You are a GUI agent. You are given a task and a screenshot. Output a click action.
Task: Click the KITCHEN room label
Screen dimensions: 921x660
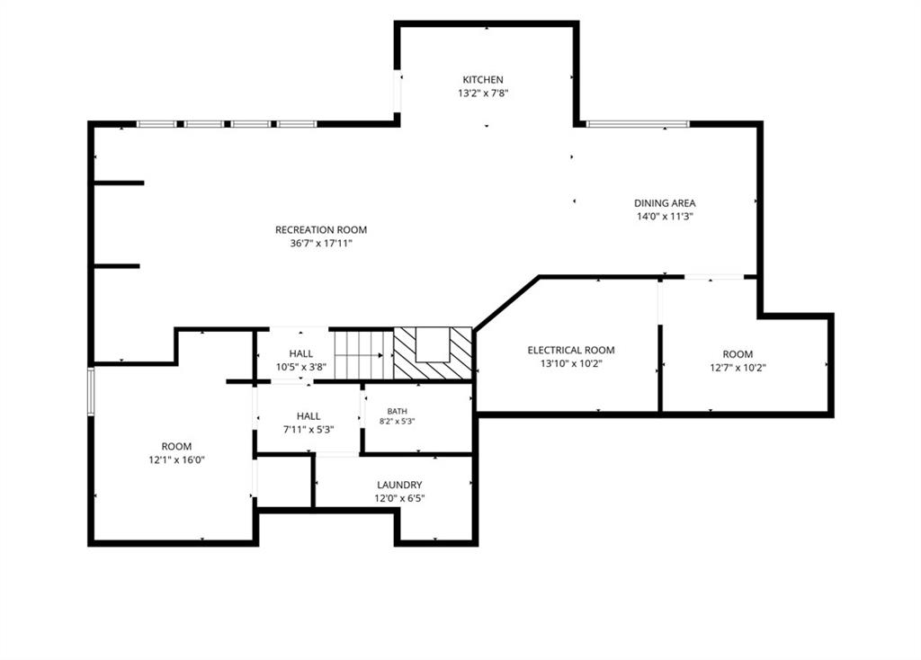pos(483,79)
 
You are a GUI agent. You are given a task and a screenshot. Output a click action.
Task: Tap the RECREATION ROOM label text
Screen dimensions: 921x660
pos(321,229)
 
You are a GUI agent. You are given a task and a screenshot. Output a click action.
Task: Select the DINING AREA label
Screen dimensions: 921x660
pos(665,202)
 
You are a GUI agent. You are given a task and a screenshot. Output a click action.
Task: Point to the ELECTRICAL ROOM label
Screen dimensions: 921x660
pos(571,350)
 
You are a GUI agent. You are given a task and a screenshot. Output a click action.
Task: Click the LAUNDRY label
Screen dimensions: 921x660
pos(399,485)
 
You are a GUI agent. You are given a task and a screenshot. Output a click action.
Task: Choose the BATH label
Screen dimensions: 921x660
pos(397,411)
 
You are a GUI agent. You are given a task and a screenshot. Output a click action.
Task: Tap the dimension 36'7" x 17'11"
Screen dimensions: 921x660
pos(321,243)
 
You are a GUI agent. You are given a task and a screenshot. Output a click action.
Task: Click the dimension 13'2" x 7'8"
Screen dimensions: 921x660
pos(483,93)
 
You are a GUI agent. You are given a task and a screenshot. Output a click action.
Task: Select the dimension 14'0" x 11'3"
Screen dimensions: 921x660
pos(665,216)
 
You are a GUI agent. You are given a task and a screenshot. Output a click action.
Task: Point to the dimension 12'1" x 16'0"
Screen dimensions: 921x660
pos(176,459)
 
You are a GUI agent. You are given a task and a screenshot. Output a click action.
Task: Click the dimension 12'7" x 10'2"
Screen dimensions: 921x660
pos(738,368)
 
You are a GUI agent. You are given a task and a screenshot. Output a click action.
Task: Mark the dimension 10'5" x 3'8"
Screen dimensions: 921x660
pos(300,367)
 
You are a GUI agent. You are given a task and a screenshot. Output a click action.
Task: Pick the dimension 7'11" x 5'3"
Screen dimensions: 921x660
pos(308,429)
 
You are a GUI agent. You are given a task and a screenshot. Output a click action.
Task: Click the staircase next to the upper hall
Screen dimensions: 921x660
pos(363,355)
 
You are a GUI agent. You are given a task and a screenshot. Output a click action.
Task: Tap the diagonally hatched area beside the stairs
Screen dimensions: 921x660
pos(433,353)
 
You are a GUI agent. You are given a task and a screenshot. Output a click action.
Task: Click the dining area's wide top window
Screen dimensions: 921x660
pos(638,124)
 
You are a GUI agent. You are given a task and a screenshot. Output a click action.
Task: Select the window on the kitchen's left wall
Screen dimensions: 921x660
pos(397,93)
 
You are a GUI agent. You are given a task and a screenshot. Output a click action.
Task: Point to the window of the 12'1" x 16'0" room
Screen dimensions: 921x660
pos(91,391)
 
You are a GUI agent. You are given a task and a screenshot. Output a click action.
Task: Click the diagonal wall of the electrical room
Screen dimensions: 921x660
pos(507,303)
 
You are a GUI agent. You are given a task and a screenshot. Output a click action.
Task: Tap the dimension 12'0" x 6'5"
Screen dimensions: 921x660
pos(399,498)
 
